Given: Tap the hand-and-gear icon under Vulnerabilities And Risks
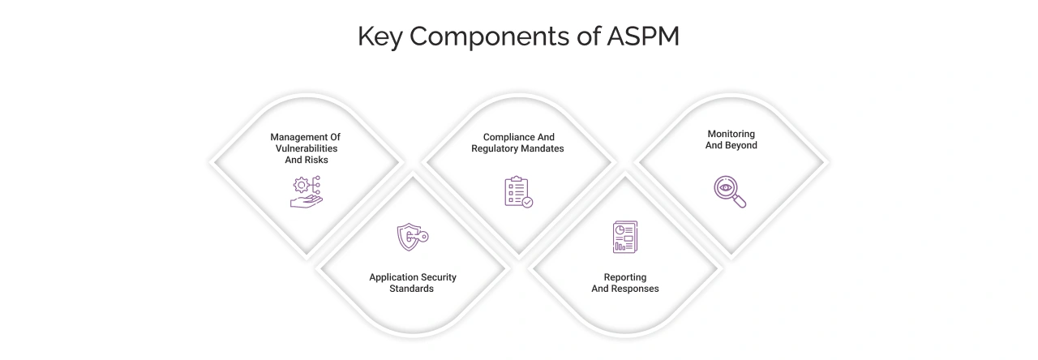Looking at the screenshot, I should pyautogui.click(x=306, y=192).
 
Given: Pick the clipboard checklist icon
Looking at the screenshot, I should pyautogui.click(x=518, y=192).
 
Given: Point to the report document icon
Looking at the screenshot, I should pyautogui.click(x=624, y=237).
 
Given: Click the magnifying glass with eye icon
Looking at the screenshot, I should pyautogui.click(x=730, y=191).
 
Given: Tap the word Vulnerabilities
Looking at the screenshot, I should pyautogui.click(x=305, y=149).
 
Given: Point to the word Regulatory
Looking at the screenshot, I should pyautogui.click(x=496, y=149).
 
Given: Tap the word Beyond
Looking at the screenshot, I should pyautogui.click(x=741, y=146).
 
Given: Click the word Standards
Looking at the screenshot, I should pyautogui.click(x=412, y=289).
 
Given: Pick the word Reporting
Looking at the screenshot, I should pyautogui.click(x=624, y=277).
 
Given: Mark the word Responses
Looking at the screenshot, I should pyautogui.click(x=635, y=289).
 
